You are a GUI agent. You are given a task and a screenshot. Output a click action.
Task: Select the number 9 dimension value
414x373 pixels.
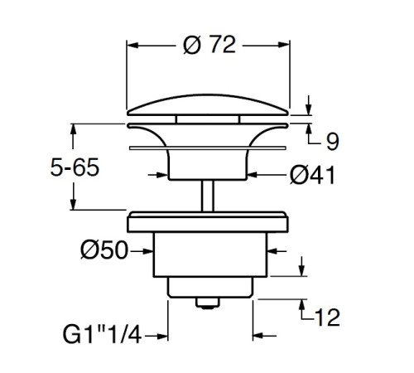(x=332, y=142)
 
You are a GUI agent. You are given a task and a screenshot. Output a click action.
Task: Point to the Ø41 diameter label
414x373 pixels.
(x=312, y=175)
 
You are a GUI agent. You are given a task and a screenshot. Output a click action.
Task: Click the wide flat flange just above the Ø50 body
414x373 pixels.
(x=209, y=221)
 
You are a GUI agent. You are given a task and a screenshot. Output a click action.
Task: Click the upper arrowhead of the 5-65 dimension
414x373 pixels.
(x=74, y=129)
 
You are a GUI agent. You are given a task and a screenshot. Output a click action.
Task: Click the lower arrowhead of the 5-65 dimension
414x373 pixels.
(x=74, y=208)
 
